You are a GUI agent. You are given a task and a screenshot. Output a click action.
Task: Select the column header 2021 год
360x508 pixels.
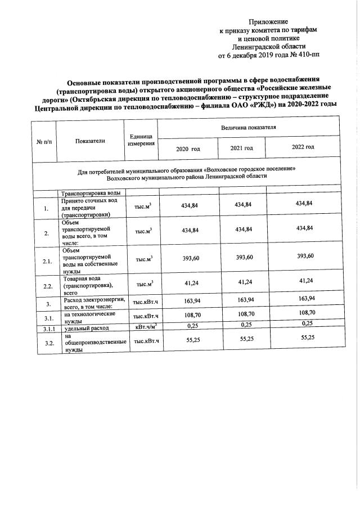[x=242, y=147]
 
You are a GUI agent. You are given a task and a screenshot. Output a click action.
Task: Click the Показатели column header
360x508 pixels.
[x=90, y=141]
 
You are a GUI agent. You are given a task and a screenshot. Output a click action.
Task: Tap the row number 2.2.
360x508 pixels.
[x=48, y=286]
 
